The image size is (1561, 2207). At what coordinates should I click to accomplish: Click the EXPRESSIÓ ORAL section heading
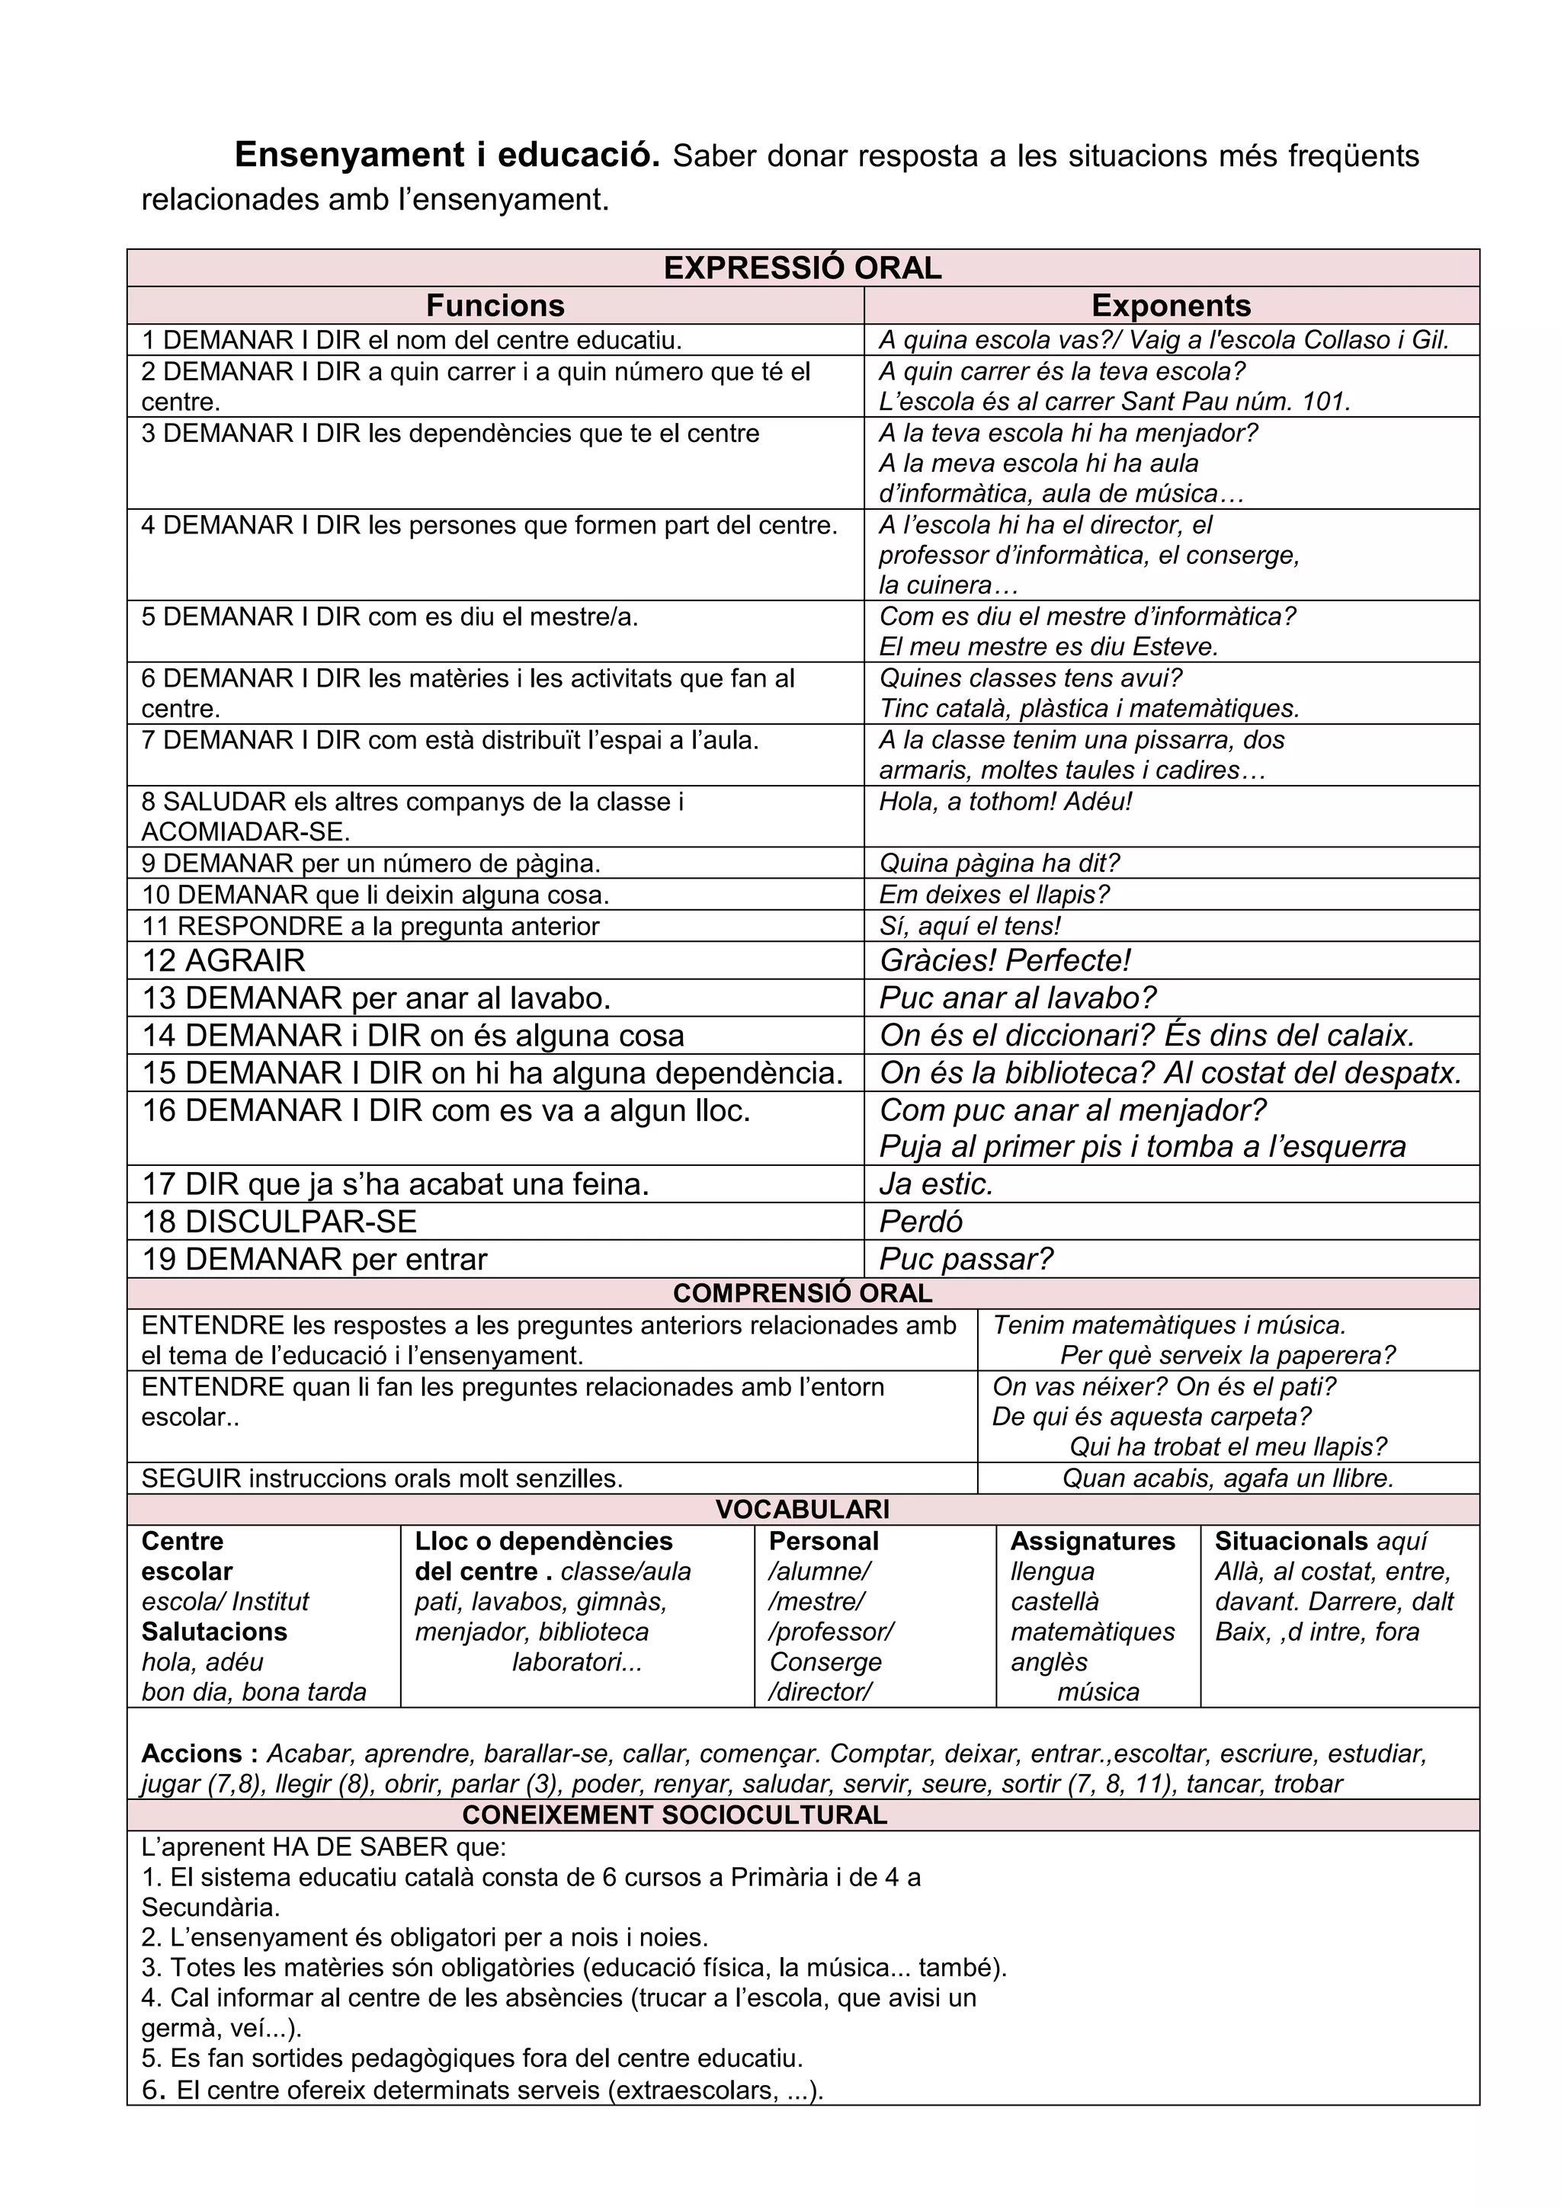(803, 267)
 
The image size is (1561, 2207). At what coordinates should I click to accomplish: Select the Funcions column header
(495, 305)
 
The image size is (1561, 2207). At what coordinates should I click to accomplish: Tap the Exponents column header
(1171, 305)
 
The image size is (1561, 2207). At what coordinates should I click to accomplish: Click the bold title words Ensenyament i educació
(447, 155)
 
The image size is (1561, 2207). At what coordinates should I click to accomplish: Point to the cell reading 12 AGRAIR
(224, 960)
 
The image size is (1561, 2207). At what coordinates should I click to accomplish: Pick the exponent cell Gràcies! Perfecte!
(1005, 960)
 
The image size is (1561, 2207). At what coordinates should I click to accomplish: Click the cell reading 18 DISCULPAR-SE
(280, 1221)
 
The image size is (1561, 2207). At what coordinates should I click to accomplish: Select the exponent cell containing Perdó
(920, 1221)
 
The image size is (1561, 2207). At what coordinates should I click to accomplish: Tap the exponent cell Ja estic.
(935, 1184)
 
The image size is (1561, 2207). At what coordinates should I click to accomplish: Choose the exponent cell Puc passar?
(965, 1258)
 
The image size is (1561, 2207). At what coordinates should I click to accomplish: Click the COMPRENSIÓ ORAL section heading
(803, 1292)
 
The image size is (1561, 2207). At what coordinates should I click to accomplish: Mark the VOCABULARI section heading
(803, 1509)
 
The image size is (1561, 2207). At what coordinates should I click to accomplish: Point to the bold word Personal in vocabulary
(824, 1541)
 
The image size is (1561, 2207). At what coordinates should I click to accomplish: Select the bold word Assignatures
(1092, 1541)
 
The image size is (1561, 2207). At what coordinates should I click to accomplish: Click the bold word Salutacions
(214, 1631)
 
